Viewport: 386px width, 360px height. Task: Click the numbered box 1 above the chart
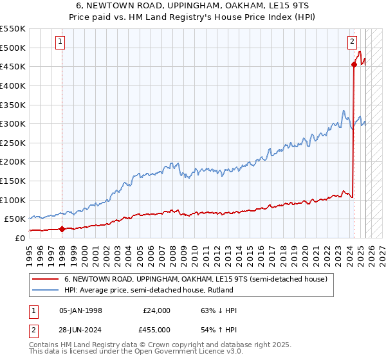pyautogui.click(x=60, y=42)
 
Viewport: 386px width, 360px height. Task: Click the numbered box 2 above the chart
pyautogui.click(x=353, y=42)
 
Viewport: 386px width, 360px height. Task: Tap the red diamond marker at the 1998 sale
pyautogui.click(x=62, y=228)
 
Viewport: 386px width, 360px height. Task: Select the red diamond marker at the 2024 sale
pyautogui.click(x=354, y=64)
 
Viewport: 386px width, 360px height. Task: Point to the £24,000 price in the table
pyautogui.click(x=156, y=310)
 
